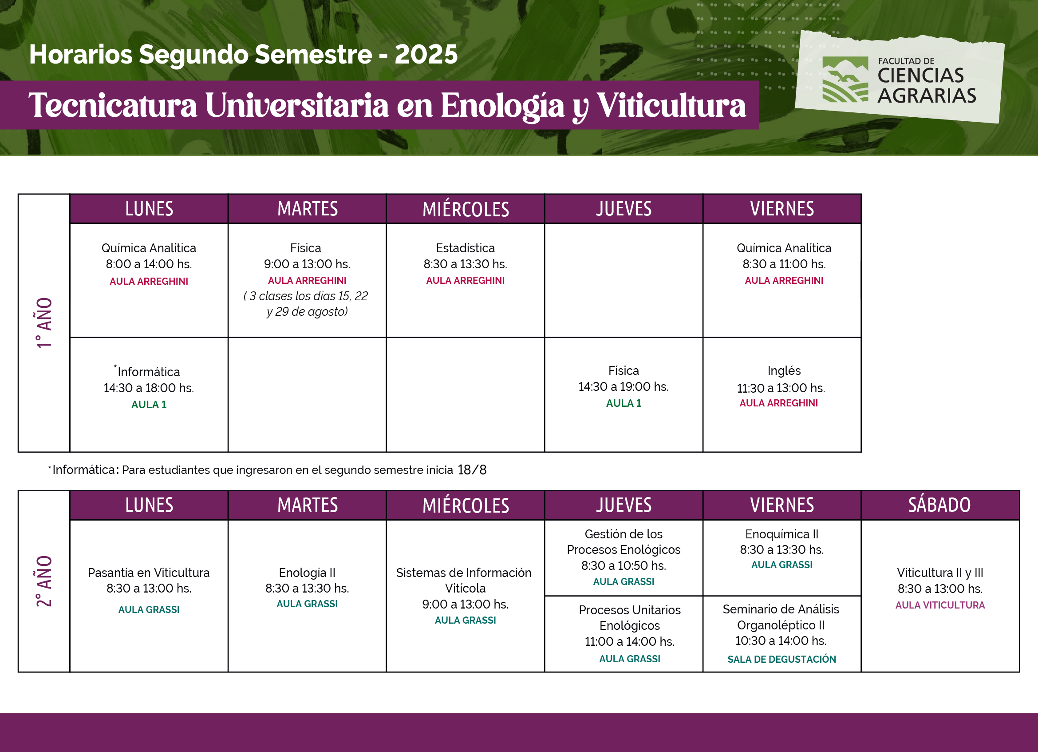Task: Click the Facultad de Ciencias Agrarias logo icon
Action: [845, 79]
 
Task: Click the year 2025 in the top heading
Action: [426, 54]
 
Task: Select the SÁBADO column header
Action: [939, 505]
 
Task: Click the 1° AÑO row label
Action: [44, 323]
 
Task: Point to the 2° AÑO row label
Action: [44, 581]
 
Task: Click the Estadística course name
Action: [466, 248]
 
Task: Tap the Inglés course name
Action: [784, 371]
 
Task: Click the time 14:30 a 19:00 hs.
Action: [624, 387]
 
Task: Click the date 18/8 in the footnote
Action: [472, 470]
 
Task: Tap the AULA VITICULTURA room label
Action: [940, 605]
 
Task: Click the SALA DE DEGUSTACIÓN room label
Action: [781, 659]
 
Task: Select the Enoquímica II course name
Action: [781, 534]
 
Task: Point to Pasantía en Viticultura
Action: [149, 573]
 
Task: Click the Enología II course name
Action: [307, 573]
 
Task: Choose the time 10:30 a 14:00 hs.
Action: [781, 641]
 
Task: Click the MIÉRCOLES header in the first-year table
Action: [466, 209]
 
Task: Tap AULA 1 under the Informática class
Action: [149, 404]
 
